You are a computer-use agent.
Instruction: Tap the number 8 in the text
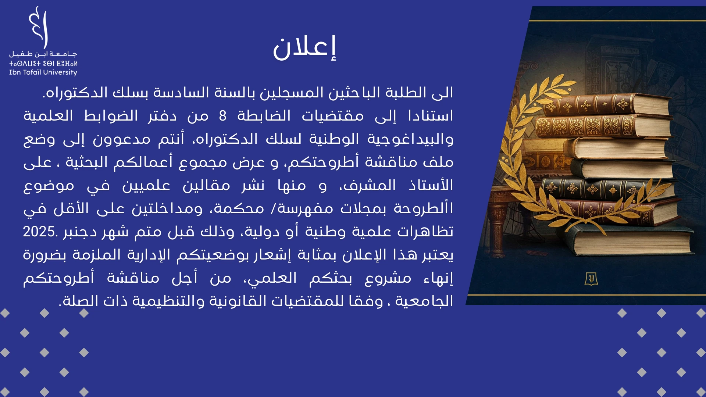pos(222,116)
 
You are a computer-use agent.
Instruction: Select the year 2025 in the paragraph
pos(39,232)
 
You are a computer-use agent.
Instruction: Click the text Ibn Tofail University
pos(43,72)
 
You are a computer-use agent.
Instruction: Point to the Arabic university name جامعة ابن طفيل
pos(43,54)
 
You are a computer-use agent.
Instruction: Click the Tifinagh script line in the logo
pos(43,63)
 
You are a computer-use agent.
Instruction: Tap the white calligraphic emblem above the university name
pos(39,27)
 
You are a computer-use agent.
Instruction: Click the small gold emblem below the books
pos(591,279)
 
